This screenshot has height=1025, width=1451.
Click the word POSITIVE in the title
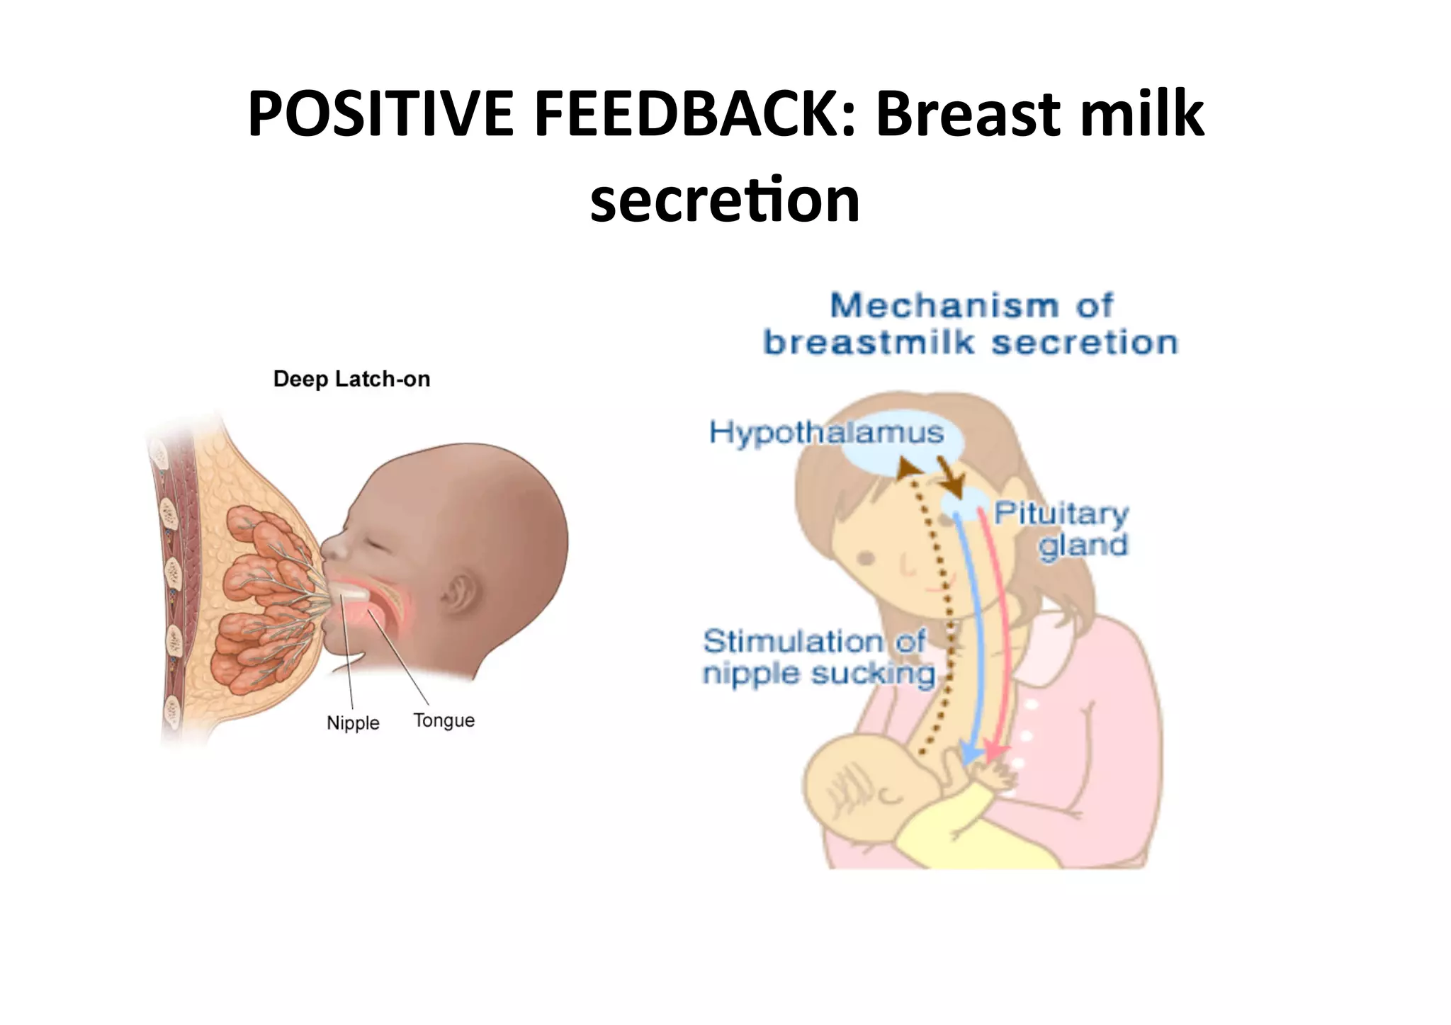click(380, 114)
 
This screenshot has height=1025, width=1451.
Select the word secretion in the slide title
click(725, 200)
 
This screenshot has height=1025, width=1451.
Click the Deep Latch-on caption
click(351, 379)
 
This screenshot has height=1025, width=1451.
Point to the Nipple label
click(353, 723)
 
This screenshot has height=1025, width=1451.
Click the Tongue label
click(444, 720)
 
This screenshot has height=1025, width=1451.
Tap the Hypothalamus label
click(826, 432)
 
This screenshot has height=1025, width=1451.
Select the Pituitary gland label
click(1061, 529)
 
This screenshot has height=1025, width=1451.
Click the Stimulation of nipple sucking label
click(818, 657)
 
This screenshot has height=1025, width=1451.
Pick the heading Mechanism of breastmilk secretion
click(971, 324)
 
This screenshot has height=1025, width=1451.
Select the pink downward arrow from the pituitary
click(999, 638)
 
